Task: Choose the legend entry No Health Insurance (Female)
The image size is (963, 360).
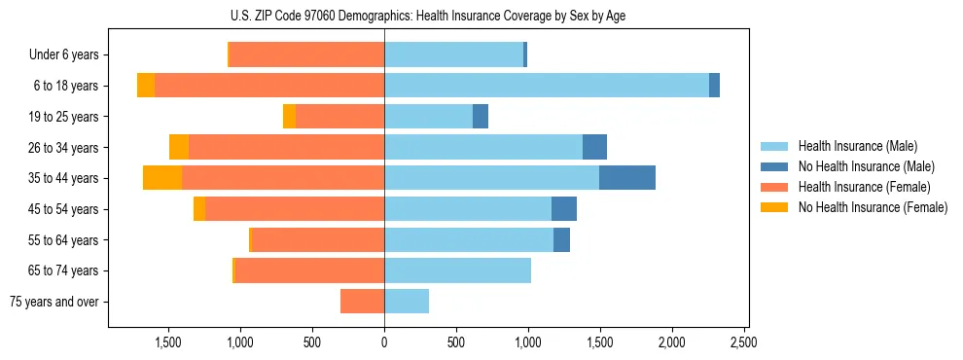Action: coord(872,207)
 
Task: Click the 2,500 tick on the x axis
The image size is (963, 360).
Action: coord(743,342)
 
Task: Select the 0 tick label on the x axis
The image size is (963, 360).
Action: coord(384,342)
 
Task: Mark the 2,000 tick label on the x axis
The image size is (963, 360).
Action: coord(671,342)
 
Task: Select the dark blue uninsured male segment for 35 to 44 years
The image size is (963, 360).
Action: coord(627,178)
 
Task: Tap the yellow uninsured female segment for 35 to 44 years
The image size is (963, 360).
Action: coord(162,178)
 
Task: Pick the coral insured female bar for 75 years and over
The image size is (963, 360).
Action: coord(362,302)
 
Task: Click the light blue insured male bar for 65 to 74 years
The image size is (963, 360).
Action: coord(457,270)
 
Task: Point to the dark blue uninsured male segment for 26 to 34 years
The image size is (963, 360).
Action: coord(594,147)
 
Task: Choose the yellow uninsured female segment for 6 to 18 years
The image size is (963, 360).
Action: coord(146,86)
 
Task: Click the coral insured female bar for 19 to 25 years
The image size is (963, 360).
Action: coord(339,117)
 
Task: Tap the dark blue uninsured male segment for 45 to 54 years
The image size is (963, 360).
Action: coord(564,209)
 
